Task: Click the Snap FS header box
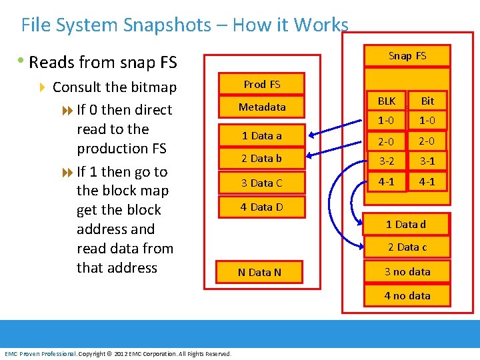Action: pos(407,55)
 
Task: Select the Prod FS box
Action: pos(262,84)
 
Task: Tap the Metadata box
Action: pos(262,107)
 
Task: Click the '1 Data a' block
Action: pos(262,135)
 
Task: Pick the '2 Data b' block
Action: pos(262,158)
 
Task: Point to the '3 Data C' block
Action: pos(262,183)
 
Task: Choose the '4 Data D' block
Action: pos(262,207)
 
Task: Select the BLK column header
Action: pos(387,101)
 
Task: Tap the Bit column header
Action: pos(427,101)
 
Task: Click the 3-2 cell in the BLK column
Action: pos(387,161)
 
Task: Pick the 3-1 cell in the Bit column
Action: pos(427,161)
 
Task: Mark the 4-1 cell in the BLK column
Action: pos(387,181)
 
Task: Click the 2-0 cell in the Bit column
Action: pos(427,141)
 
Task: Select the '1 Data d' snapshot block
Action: pos(407,224)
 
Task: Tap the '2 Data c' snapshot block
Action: pos(407,247)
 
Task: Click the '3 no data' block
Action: pos(407,271)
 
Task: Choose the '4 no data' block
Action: pos(407,295)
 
